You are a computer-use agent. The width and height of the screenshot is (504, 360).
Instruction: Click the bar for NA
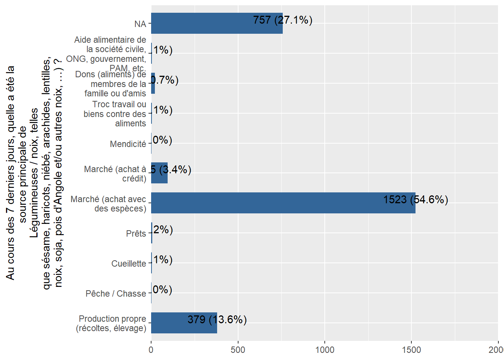pyautogui.click(x=217, y=23)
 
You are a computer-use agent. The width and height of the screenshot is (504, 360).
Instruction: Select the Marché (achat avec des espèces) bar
pyautogui.click(x=283, y=203)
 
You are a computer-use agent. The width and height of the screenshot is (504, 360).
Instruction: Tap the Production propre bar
pyautogui.click(x=184, y=323)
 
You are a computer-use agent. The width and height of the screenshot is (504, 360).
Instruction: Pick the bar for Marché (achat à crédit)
pyautogui.click(x=159, y=173)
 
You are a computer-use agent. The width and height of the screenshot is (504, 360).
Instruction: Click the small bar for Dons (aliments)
pyautogui.click(x=153, y=83)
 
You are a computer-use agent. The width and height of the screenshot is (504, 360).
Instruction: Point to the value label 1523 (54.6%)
pyautogui.click(x=415, y=199)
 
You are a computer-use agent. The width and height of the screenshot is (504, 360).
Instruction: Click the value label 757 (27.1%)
pyautogui.click(x=282, y=20)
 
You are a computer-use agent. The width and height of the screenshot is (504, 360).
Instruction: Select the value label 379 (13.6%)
pyautogui.click(x=217, y=319)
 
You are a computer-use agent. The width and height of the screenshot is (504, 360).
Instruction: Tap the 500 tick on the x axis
pyautogui.click(x=238, y=350)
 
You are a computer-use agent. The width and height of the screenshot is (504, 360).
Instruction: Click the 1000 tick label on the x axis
pyautogui.click(x=325, y=350)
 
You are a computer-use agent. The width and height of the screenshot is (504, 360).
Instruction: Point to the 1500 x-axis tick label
pyautogui.click(x=411, y=350)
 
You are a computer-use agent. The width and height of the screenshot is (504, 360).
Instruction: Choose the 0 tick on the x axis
pyautogui.click(x=151, y=350)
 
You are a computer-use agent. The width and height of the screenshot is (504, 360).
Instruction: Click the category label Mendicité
pyautogui.click(x=128, y=144)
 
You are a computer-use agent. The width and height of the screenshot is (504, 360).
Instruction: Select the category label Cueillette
pyautogui.click(x=129, y=264)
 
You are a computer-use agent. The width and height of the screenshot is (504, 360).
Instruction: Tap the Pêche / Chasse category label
pyautogui.click(x=115, y=294)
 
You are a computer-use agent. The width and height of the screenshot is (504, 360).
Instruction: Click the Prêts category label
pyautogui.click(x=136, y=234)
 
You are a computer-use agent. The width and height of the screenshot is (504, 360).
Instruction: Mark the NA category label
pyautogui.click(x=140, y=24)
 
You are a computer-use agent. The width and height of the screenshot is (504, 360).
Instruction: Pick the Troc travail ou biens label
pyautogui.click(x=115, y=114)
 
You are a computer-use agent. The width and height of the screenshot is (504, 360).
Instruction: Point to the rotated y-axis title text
pyautogui.click(x=34, y=172)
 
